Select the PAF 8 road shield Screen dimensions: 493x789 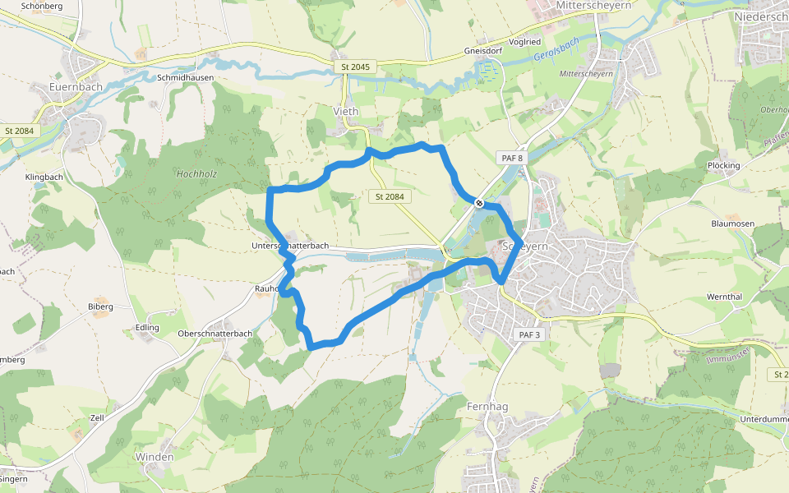pos(510,157)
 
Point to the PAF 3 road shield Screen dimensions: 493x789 pos(529,335)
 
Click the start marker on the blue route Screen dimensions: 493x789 pos(478,201)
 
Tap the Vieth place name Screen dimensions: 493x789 pos(346,111)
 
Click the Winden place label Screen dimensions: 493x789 pos(155,457)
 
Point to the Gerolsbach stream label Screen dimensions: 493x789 pos(556,50)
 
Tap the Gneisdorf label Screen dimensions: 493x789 pos(482,49)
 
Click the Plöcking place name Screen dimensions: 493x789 pos(723,165)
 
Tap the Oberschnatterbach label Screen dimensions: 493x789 pos(215,334)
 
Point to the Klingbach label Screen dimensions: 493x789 pos(44,177)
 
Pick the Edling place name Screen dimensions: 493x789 pos(147,328)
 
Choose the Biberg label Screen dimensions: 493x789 pos(100,307)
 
